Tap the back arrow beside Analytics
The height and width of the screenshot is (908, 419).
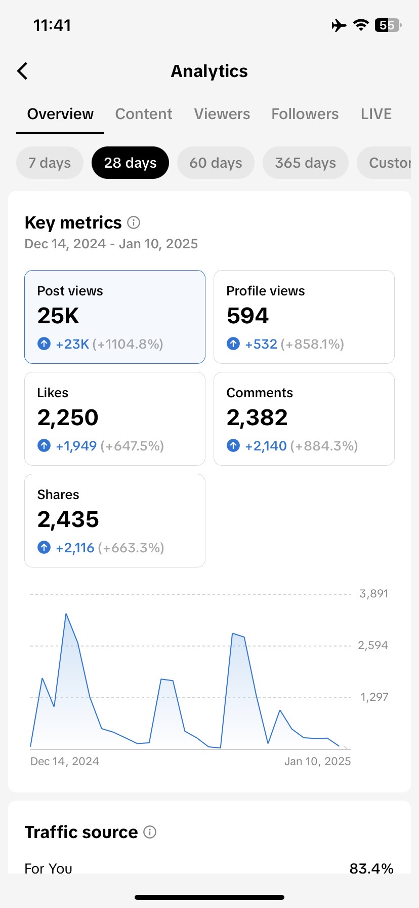coord(22,71)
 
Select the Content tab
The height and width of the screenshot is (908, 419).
coord(144,114)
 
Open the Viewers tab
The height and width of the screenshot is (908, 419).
coord(222,114)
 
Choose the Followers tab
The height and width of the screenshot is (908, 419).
coord(305,114)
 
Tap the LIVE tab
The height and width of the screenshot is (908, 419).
coord(376,114)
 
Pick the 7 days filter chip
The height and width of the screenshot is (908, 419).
coord(50,163)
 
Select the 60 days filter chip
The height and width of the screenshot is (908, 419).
coord(216,163)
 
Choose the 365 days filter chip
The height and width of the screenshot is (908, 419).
coord(305,163)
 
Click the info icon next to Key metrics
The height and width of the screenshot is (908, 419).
coord(134,222)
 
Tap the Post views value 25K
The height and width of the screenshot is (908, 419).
coord(58,316)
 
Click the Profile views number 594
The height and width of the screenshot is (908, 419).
coord(247,316)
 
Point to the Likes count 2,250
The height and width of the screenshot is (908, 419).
coord(68,418)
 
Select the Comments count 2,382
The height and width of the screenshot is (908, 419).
coord(257,418)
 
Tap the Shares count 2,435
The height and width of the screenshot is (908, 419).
coord(68,519)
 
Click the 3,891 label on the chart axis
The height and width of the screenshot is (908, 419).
coord(373,594)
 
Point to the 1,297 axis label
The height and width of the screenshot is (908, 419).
coord(374,697)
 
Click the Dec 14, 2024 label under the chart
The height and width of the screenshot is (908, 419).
coord(65,761)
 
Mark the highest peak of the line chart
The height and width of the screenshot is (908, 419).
coord(66,614)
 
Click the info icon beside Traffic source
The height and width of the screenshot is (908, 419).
coord(150,832)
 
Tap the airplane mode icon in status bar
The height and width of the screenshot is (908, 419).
coord(339,25)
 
